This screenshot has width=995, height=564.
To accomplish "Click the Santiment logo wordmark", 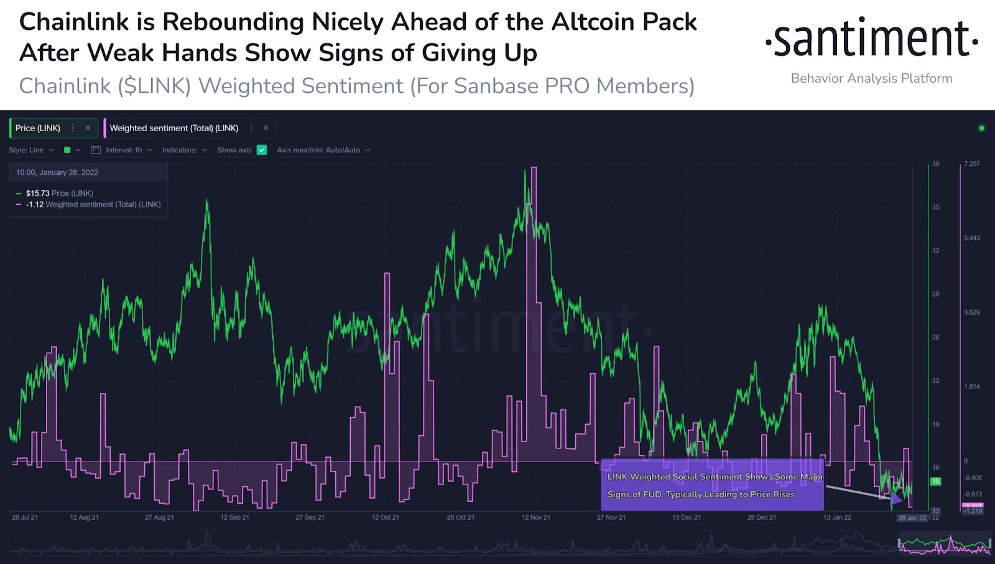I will coord(871,39).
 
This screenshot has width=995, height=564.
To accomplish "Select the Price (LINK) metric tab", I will coord(38,128).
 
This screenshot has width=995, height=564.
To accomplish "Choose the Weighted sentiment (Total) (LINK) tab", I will coord(174,128).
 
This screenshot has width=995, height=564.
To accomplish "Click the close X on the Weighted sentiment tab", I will coord(266,128).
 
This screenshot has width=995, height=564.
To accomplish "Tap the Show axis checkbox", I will coord(262,150).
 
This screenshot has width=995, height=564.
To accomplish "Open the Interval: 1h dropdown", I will coord(123,150).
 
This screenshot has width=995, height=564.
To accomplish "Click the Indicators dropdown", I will coord(184,150).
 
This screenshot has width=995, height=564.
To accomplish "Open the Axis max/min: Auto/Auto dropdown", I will coord(323,150).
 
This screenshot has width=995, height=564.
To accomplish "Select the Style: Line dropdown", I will coord(31,150).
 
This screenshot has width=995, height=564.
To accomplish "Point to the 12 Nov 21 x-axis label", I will coord(535,517).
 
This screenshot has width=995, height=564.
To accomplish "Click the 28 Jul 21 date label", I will coord(25,517).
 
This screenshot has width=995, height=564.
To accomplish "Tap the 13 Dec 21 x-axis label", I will coord(686,517).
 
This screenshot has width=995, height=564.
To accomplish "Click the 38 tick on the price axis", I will coord(935,164).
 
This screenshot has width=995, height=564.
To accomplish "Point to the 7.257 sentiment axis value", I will coord(971,164).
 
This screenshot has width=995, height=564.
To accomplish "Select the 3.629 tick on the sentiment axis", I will coord(971,312).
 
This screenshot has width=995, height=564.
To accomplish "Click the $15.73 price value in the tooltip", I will coord(37,193).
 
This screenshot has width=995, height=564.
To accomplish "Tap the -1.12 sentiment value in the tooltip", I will coord(35,205).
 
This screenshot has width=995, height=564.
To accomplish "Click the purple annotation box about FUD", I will coord(712,485).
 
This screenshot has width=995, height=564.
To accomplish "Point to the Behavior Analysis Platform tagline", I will coord(871,78).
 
